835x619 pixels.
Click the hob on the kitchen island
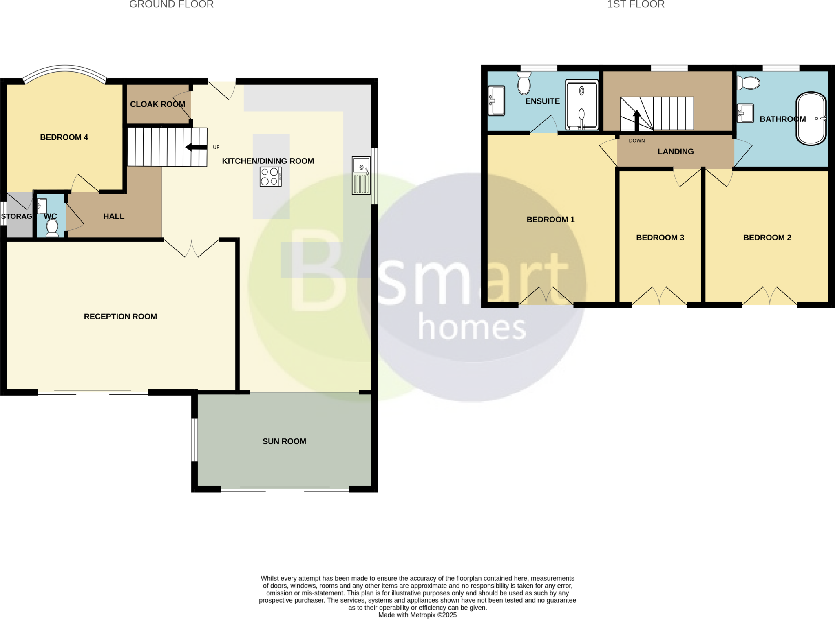[x=270, y=177]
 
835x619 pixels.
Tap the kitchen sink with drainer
[x=361, y=176]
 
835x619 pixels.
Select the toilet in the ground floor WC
[x=52, y=227]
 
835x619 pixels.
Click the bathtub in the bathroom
[x=811, y=119]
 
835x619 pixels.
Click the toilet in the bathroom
[x=749, y=83]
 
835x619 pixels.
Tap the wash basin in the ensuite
[x=497, y=100]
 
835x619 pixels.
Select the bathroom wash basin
[x=745, y=113]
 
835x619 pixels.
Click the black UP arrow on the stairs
[x=196, y=147]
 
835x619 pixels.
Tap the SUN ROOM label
[x=284, y=441]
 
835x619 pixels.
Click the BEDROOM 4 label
[x=64, y=137]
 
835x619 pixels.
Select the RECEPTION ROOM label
[x=120, y=317]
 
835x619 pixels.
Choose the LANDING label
[x=676, y=152]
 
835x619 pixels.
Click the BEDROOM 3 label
[x=660, y=238]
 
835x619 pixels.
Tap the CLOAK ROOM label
[x=157, y=104]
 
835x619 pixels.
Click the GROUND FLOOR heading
[x=171, y=4]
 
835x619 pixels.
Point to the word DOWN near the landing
[x=636, y=141]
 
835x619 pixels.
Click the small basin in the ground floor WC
[x=42, y=206]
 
